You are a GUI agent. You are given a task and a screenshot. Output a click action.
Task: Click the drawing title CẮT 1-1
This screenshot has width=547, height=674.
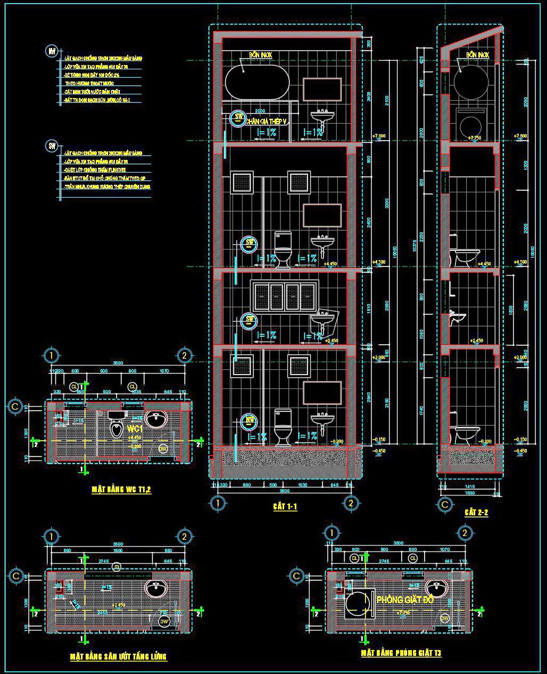click(x=285, y=507)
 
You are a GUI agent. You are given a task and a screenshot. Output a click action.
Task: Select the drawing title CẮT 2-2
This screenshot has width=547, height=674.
click(x=476, y=512)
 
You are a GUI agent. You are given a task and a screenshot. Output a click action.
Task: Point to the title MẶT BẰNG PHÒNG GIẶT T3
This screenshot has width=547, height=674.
click(x=401, y=653)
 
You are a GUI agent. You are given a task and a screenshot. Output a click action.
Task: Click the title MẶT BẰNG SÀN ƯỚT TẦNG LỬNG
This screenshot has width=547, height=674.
click(x=119, y=656)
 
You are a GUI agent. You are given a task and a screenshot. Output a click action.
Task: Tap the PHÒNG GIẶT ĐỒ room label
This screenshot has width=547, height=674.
click(x=405, y=599)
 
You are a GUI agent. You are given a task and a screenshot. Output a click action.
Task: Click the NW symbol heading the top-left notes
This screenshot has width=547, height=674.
click(x=52, y=51)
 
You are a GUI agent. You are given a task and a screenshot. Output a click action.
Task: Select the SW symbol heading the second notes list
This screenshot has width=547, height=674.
click(x=52, y=146)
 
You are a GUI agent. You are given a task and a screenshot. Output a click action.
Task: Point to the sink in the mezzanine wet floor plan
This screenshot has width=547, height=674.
click(x=155, y=589)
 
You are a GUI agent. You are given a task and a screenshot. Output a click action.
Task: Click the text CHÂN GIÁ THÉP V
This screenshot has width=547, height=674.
click(x=266, y=122)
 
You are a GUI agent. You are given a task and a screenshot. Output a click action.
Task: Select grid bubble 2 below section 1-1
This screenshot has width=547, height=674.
click(x=350, y=503)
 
